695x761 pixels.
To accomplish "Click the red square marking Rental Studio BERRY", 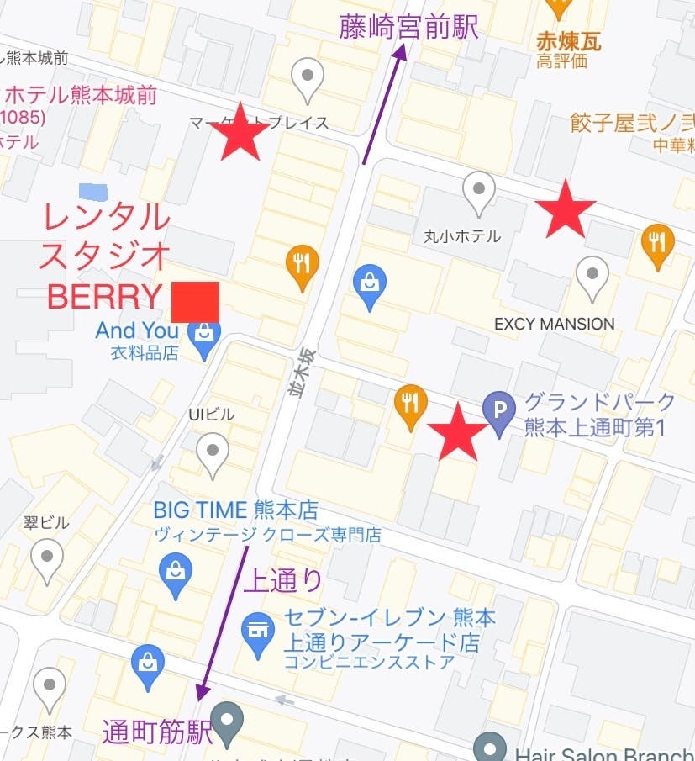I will pyautogui.click(x=196, y=302).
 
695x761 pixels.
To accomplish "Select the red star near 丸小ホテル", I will pyautogui.click(x=565, y=208).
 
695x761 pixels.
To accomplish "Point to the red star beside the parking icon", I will pyautogui.click(x=458, y=431).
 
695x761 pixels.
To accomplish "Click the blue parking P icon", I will pyautogui.click(x=500, y=411).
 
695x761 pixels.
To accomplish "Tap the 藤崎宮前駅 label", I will pyautogui.click(x=409, y=27).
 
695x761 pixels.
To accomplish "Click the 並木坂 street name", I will pyautogui.click(x=296, y=372).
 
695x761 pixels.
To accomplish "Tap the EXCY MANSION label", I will pyautogui.click(x=555, y=324).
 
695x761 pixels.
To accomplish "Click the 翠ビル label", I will pyautogui.click(x=48, y=522).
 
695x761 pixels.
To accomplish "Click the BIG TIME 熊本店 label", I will pyautogui.click(x=235, y=510).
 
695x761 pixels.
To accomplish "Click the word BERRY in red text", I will pyautogui.click(x=104, y=296).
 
